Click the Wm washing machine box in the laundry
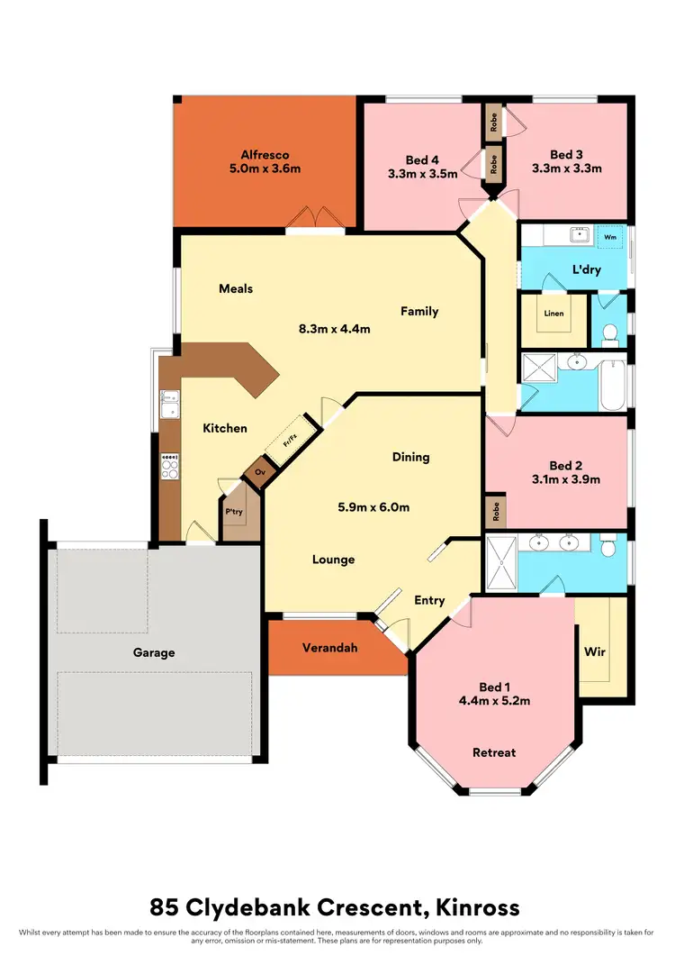[609, 237]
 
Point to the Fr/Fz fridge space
[290, 442]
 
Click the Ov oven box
[259, 471]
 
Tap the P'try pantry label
[234, 512]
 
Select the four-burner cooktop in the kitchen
[169, 465]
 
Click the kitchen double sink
[169, 405]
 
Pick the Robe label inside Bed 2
[494, 513]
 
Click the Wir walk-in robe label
[593, 650]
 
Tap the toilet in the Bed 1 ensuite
[609, 545]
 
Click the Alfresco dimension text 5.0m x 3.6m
[265, 168]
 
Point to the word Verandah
[326, 648]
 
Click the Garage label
[154, 652]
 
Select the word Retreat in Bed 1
[495, 751]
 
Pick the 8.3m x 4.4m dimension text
[334, 329]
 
